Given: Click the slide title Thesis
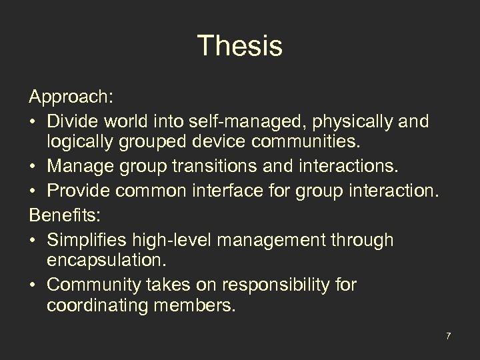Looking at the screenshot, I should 240,47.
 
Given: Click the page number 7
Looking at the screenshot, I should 449,336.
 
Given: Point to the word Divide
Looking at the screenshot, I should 74,122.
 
